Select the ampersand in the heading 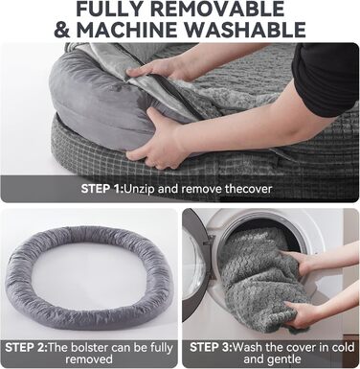click(x=63, y=30)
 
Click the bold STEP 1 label click(x=102, y=189)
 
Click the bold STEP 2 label click(x=27, y=347)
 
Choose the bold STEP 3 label click(x=212, y=347)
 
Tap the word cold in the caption click(x=343, y=347)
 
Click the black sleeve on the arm click(x=324, y=79)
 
